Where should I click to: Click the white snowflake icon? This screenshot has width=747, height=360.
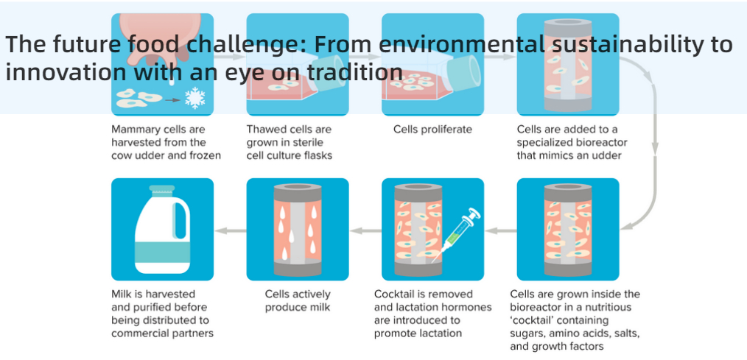pyautogui.click(x=194, y=98)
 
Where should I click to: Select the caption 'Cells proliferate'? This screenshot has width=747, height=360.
pyautogui.click(x=432, y=130)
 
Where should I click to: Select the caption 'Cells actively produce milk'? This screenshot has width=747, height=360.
pyautogui.click(x=298, y=300)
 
